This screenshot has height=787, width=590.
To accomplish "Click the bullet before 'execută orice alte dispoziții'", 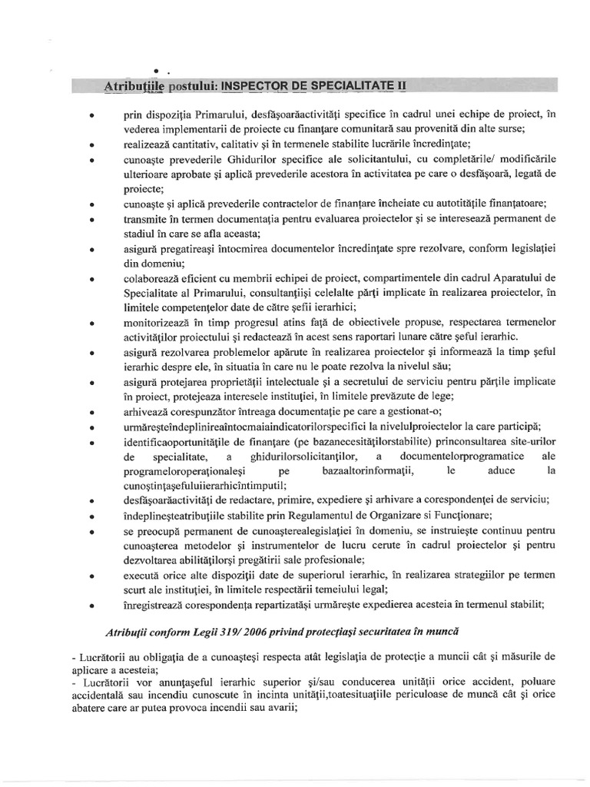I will pos(92,576).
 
